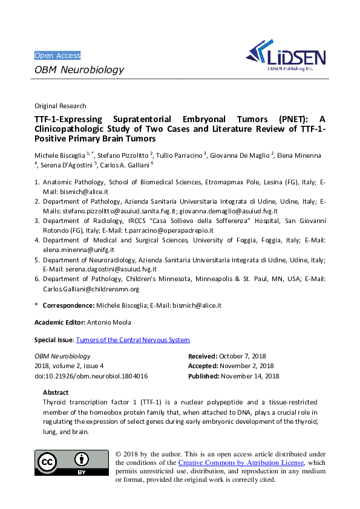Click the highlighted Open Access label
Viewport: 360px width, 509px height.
pyautogui.click(x=57, y=55)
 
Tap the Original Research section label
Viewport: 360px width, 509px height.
pyautogui.click(x=61, y=106)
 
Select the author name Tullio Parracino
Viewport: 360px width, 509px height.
pyautogui.click(x=183, y=156)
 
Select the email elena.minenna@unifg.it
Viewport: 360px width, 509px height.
pyautogui.click(x=79, y=250)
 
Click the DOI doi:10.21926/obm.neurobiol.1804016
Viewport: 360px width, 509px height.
pyautogui.click(x=91, y=376)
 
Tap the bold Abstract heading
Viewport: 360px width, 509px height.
pyautogui.click(x=56, y=392)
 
